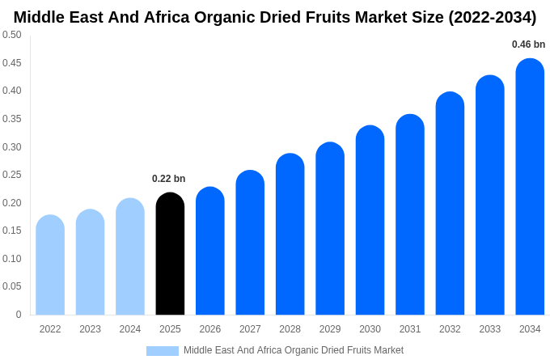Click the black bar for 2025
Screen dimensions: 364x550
point(170,254)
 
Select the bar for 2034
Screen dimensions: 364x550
point(530,187)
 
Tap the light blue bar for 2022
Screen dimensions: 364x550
point(50,265)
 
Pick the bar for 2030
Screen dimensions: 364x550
point(370,220)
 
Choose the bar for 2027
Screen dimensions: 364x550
point(250,243)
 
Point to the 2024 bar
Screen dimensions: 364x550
point(130,256)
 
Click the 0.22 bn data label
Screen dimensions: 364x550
point(168,179)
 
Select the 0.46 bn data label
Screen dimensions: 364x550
point(528,44)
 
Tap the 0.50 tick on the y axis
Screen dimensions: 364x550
point(12,35)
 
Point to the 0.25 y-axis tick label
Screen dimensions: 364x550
point(12,175)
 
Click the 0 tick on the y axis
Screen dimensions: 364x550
point(19,315)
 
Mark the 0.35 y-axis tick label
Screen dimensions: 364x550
point(12,119)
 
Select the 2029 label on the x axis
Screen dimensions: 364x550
point(330,329)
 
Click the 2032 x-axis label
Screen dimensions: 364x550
point(450,329)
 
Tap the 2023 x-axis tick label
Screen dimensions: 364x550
point(90,329)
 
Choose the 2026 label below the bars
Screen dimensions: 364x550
point(210,329)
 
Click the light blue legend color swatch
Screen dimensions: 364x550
point(162,350)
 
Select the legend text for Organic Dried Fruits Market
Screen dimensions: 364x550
point(293,350)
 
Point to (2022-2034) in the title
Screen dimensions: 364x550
point(492,17)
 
